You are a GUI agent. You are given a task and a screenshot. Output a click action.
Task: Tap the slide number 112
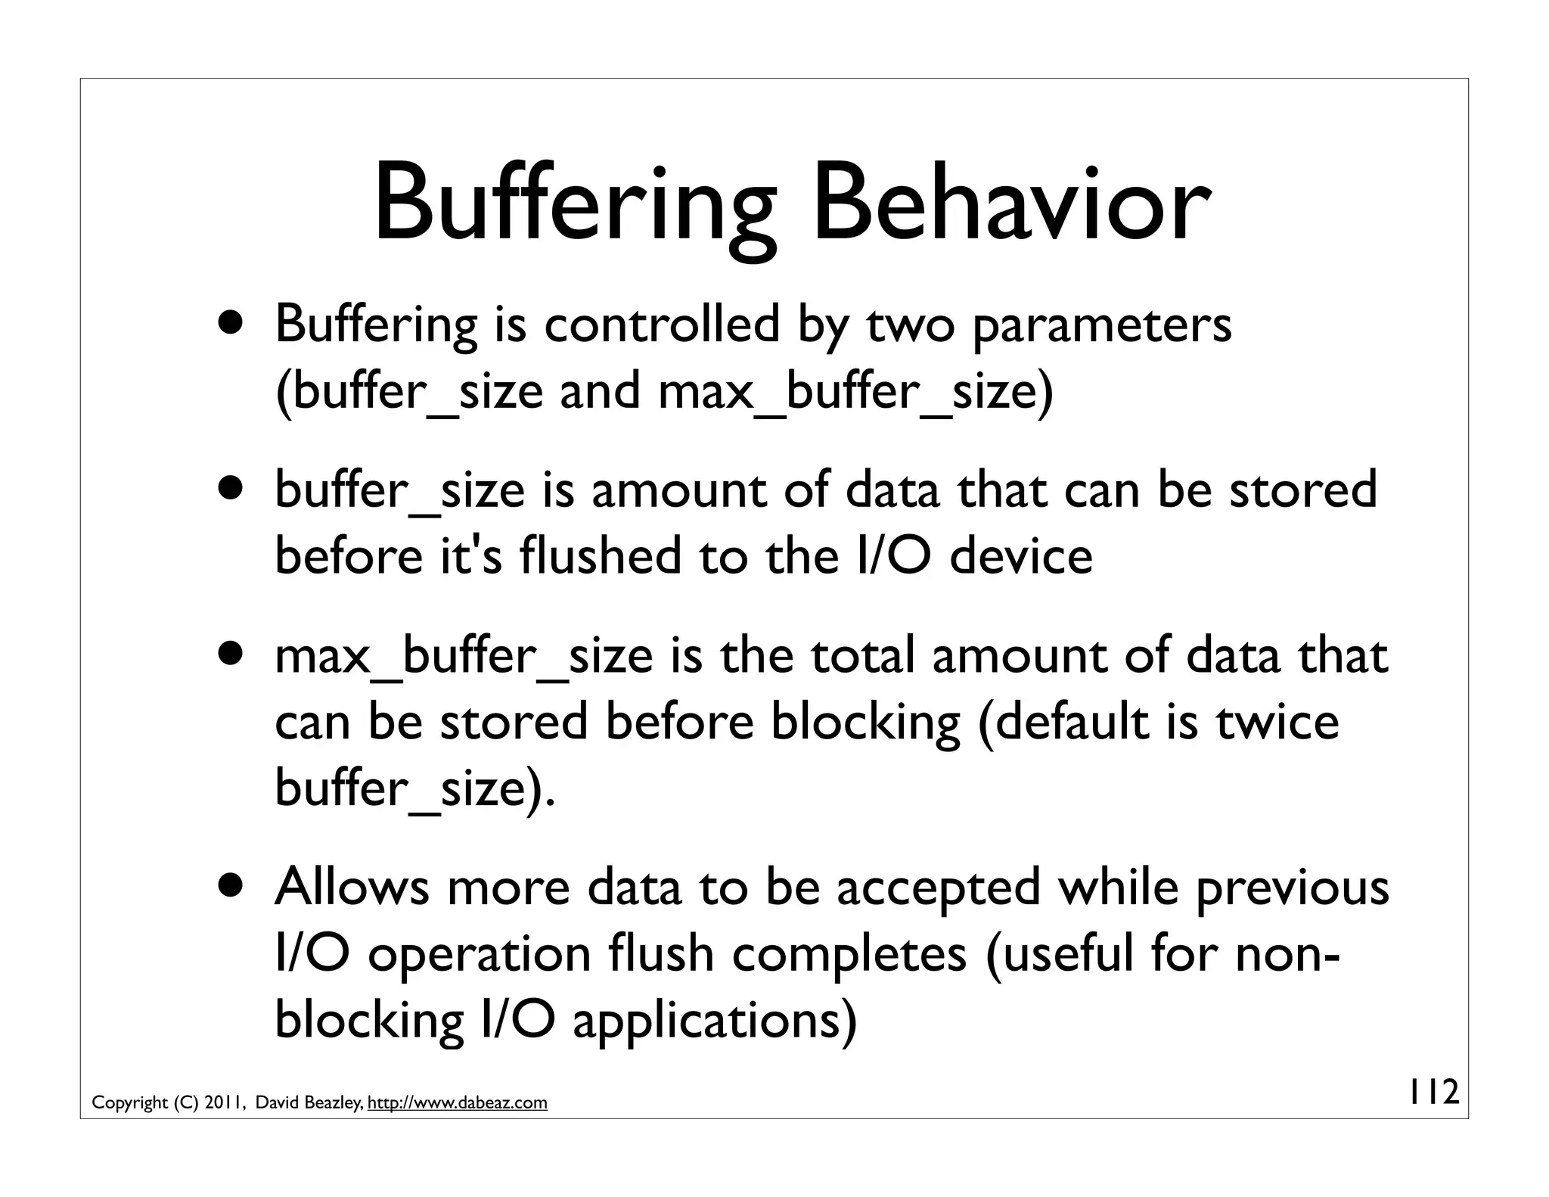pos(1433,1093)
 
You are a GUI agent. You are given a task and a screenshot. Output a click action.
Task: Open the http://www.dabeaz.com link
pos(457,1102)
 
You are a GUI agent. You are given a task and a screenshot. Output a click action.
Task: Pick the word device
pos(1020,555)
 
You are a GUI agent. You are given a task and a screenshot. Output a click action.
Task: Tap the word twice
pos(1278,721)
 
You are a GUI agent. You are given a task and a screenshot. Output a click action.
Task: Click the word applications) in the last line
pos(715,1021)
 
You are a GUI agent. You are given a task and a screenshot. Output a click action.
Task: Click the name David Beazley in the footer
pos(310,1102)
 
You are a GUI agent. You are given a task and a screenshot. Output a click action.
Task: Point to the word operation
pos(480,954)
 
